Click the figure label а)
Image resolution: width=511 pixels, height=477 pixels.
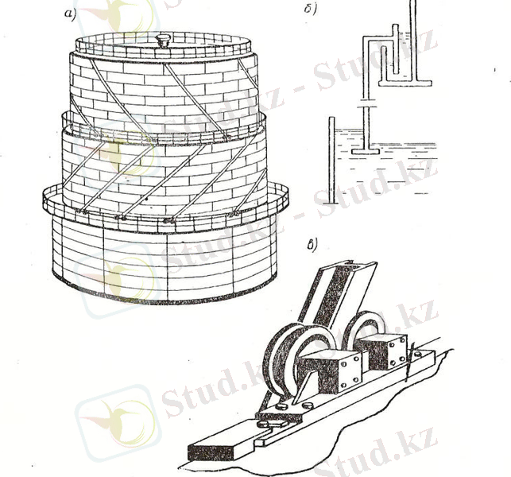tap(70, 14)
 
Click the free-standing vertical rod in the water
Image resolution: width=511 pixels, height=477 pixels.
tap(331, 161)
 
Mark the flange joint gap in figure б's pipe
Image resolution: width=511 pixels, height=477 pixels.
tap(366, 103)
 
